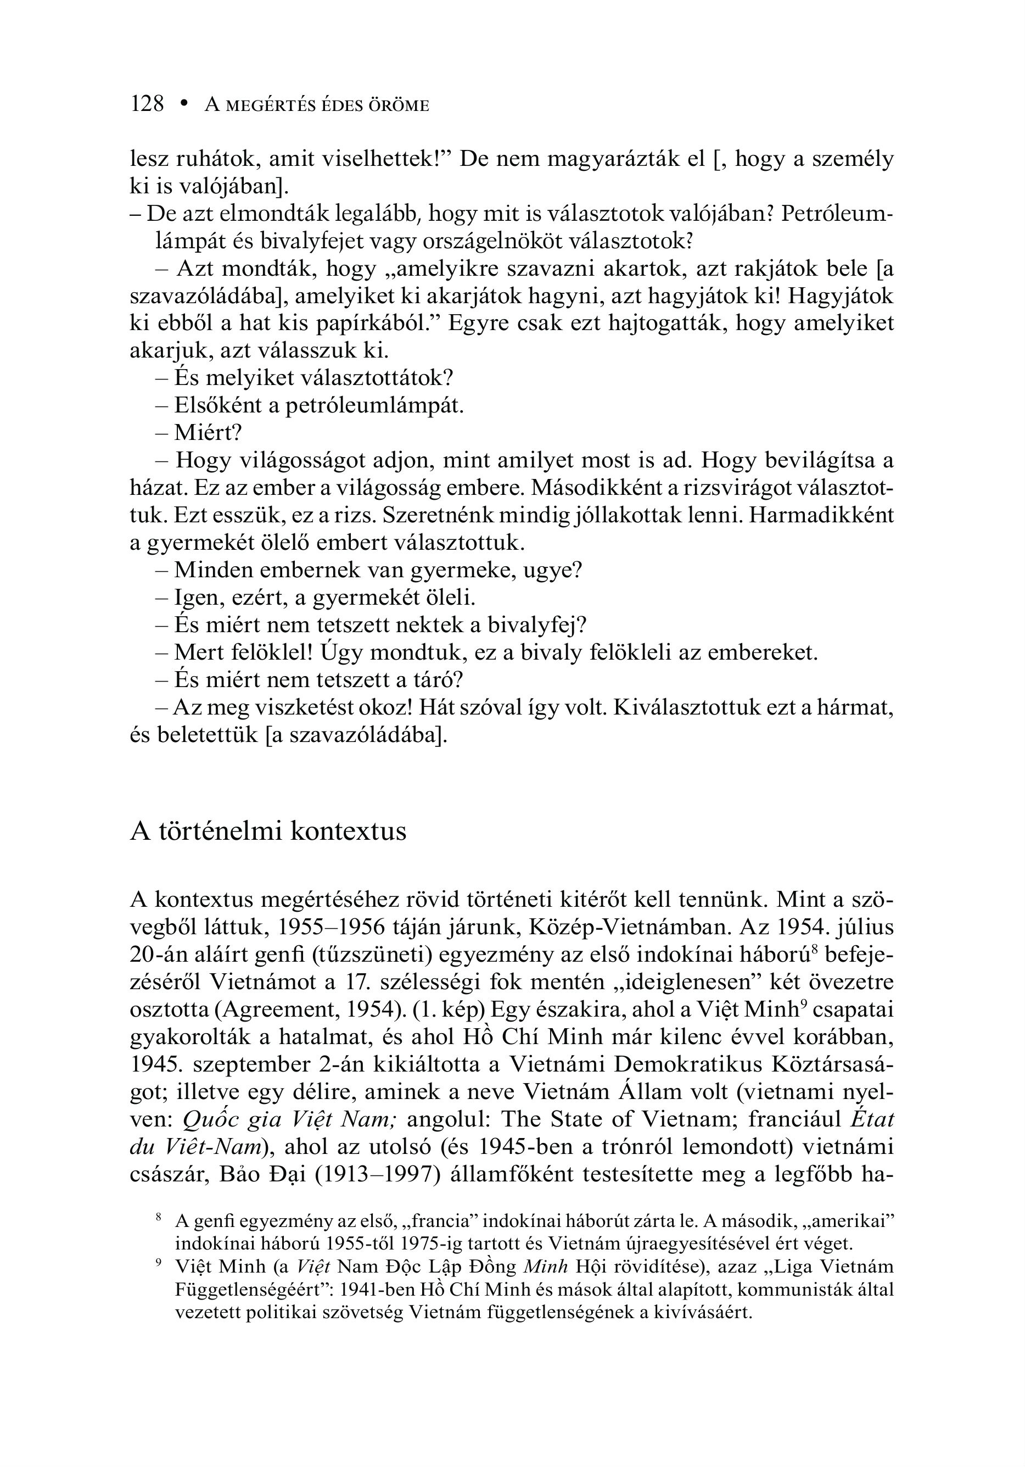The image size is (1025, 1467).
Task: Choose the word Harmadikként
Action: coord(821,516)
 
